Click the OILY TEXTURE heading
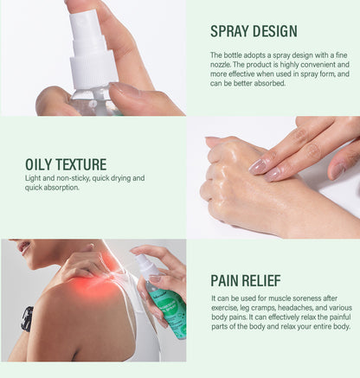66,163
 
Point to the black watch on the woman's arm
28,317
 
